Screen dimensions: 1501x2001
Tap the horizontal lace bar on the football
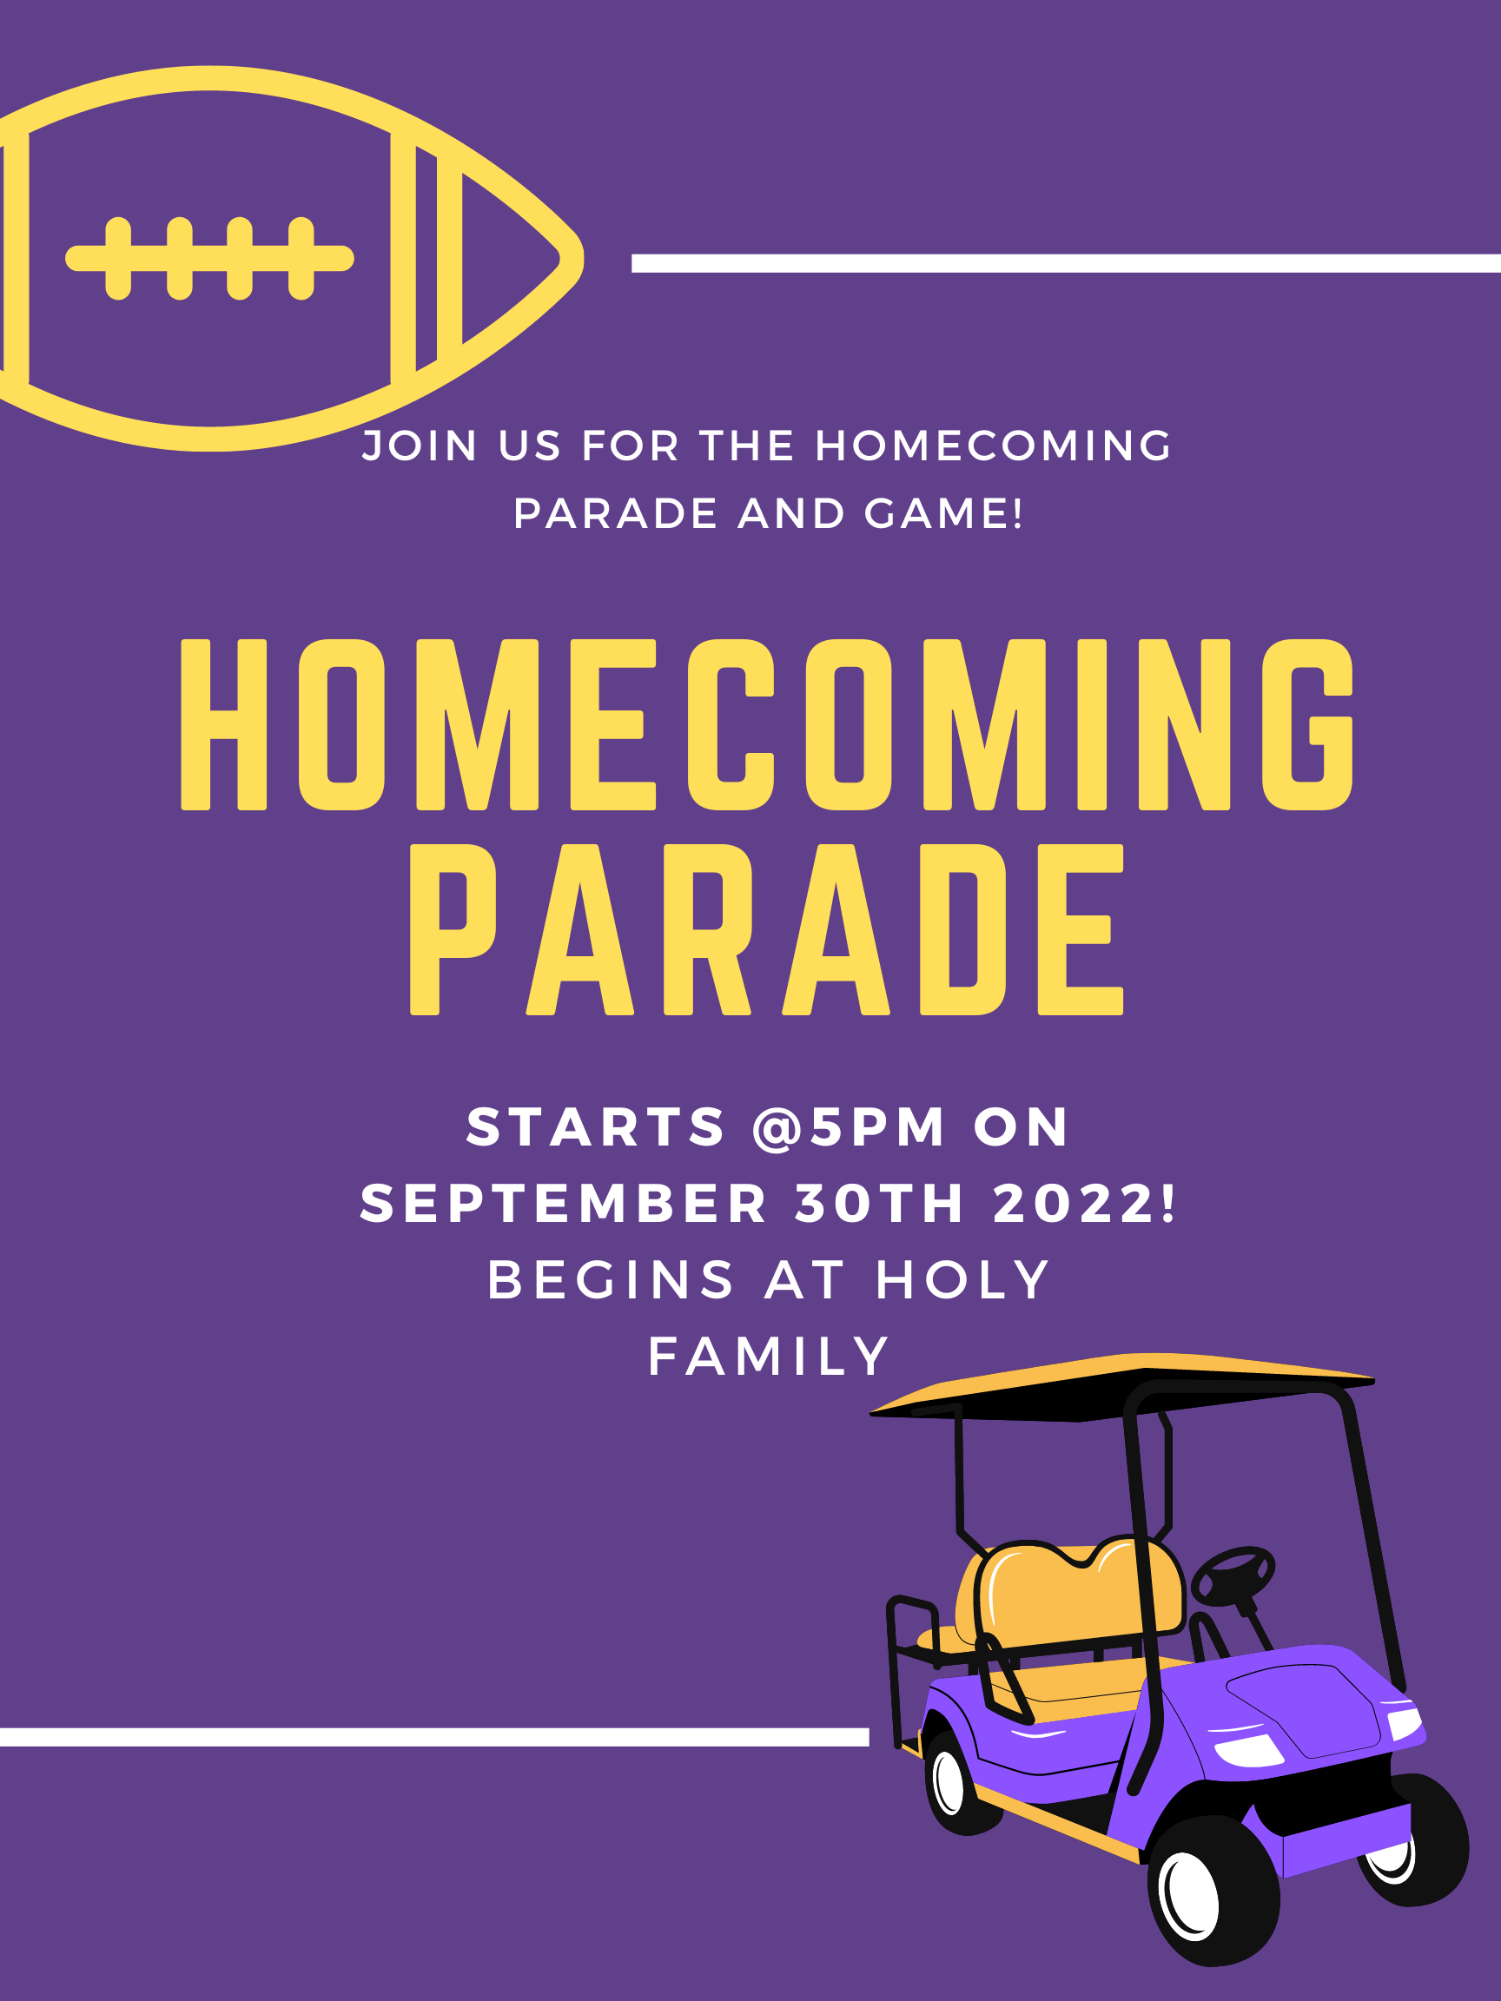coord(209,258)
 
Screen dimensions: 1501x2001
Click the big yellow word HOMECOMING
coord(767,723)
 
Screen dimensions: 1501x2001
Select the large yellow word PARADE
coord(766,929)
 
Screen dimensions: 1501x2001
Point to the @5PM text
coord(849,1127)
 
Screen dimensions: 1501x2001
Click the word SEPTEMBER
coord(564,1204)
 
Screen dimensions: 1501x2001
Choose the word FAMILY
coord(769,1357)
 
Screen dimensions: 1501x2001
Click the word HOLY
coord(962,1280)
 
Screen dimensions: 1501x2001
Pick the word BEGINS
coord(612,1280)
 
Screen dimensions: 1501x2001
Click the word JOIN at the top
coord(420,446)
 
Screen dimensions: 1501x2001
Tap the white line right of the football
coord(1066,263)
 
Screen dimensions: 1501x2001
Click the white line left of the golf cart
coord(434,1737)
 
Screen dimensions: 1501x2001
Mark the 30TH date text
coord(879,1204)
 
